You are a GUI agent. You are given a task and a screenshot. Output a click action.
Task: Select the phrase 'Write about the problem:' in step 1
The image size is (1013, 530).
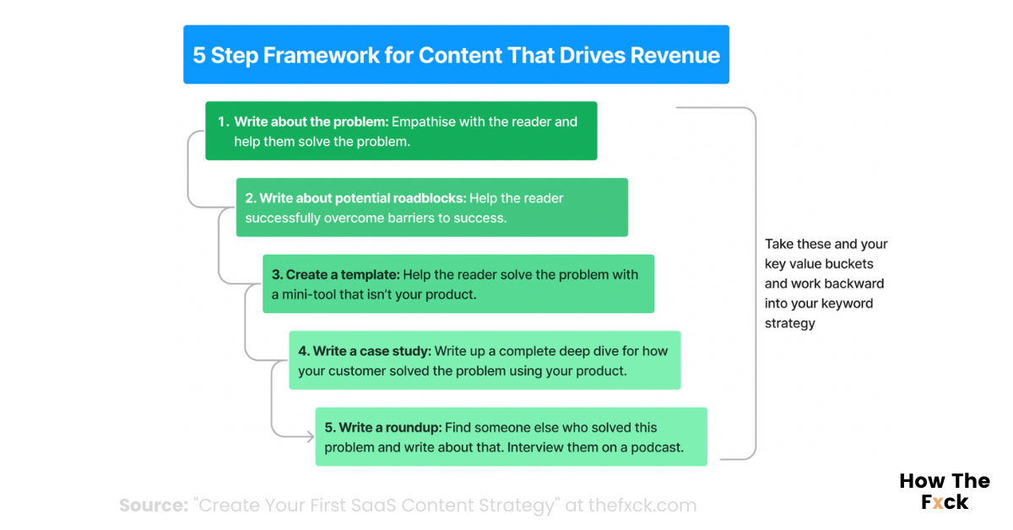[311, 122]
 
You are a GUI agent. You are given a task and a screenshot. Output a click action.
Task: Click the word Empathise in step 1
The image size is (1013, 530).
[424, 122]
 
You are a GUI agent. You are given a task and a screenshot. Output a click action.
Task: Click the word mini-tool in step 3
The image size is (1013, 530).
[318, 295]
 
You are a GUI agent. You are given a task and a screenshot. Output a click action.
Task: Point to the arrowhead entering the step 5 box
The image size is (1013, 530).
[309, 436]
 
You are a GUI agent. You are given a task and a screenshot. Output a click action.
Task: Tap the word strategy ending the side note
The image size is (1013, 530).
[790, 323]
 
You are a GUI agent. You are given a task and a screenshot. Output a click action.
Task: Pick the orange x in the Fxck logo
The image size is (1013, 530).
[938, 502]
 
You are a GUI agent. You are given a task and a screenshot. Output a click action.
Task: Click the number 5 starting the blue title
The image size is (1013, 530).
[199, 56]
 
